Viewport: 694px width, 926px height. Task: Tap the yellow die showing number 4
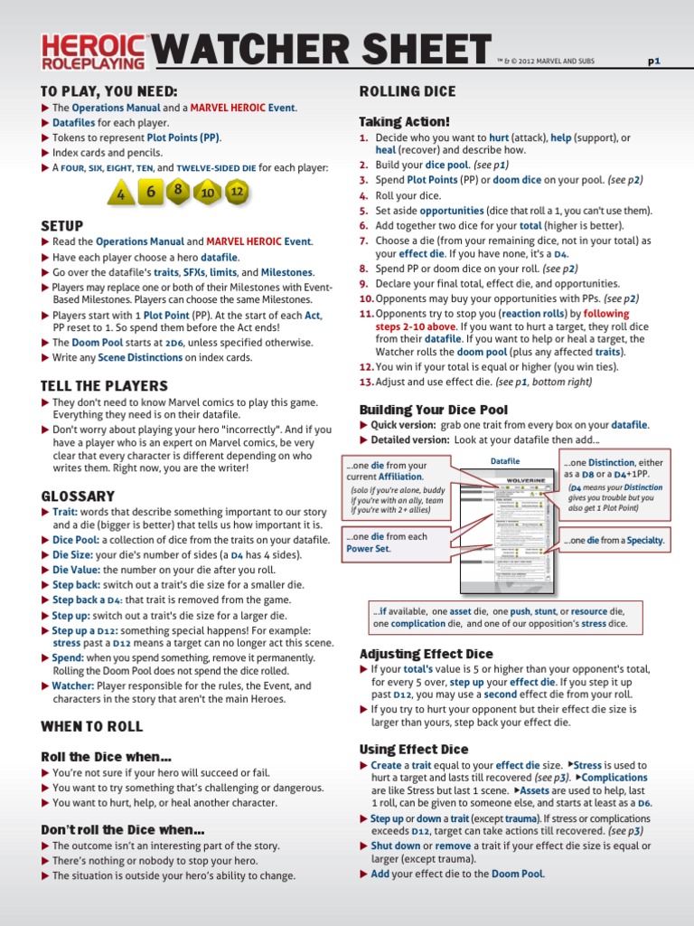[x=121, y=194]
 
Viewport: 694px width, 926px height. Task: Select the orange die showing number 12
[x=236, y=192]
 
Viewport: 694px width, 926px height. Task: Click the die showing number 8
[x=179, y=190]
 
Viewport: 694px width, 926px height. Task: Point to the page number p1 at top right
[x=654, y=61]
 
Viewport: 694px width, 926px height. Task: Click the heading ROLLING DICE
[x=408, y=91]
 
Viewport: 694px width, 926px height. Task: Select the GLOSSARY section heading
[x=78, y=496]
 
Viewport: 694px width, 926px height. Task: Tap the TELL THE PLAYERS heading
[x=105, y=386]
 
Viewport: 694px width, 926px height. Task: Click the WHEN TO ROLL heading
[x=91, y=726]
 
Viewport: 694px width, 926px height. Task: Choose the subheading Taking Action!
[x=404, y=121]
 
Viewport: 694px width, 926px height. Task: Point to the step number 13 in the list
[x=366, y=382]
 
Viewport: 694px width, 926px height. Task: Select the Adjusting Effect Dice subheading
[x=427, y=654]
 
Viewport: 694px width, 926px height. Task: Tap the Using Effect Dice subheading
[x=414, y=749]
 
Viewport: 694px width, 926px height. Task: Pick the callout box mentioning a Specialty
[x=614, y=541]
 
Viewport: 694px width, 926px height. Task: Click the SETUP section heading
[x=62, y=225]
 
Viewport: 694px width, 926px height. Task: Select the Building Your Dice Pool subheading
[x=434, y=410]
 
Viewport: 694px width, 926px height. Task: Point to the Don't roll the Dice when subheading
[x=123, y=829]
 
